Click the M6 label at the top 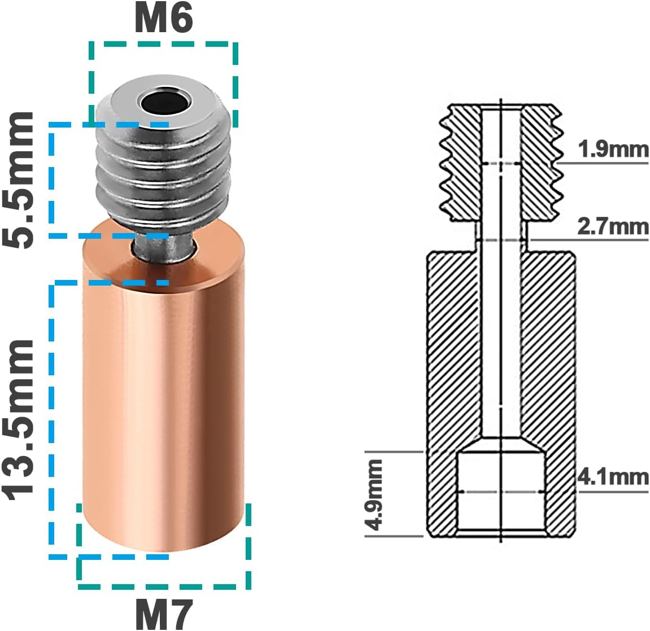[163, 19]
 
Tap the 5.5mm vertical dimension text [19, 179]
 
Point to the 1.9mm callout [613, 149]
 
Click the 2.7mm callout [613, 226]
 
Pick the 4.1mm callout [613, 477]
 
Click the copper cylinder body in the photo [164, 395]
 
